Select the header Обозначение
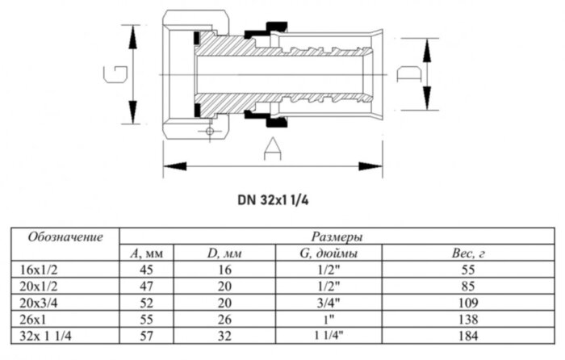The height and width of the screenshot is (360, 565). pos(65,237)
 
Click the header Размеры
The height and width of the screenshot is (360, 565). pos(336,237)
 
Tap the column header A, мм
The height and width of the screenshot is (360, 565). pos(147,253)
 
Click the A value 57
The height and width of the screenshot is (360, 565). pos(147,335)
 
